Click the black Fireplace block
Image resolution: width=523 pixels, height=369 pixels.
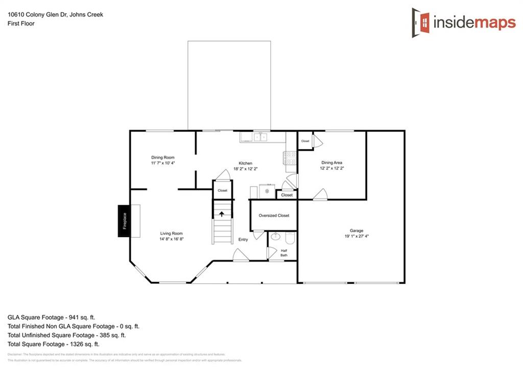[123, 221]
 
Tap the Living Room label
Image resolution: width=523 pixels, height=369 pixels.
[171, 233]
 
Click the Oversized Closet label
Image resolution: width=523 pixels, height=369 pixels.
[274, 215]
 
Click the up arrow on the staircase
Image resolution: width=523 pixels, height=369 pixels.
[222, 214]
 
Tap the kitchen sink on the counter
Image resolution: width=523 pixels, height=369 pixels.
[260, 137]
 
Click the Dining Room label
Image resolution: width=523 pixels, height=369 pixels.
[163, 157]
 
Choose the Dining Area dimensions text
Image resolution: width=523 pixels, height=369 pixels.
[331, 168]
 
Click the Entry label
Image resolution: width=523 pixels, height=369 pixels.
[243, 239]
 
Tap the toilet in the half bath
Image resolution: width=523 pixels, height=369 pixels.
[290, 237]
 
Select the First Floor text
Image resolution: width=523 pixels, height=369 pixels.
[21, 23]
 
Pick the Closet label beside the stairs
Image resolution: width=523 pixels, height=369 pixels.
[222, 190]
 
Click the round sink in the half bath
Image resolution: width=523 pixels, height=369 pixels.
[276, 237]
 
